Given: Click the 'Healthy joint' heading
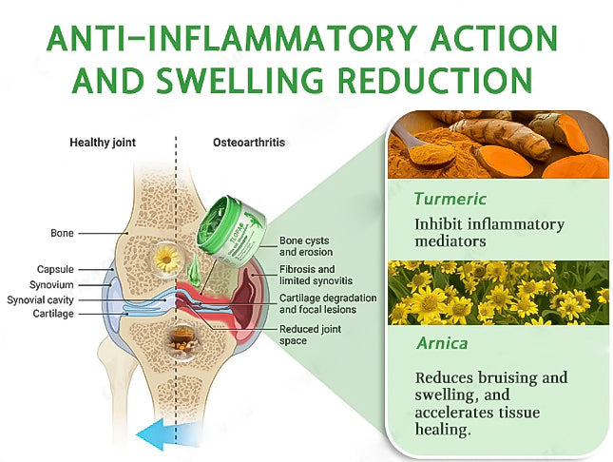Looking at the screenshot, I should (103, 143).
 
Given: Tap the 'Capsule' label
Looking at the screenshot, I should (55, 270).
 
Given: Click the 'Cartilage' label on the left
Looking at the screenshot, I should (53, 313).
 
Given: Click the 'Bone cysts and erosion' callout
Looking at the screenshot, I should (305, 247).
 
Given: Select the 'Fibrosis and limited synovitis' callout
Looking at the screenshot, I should (314, 275).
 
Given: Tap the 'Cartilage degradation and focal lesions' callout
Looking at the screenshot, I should (328, 303).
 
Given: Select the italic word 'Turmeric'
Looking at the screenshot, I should (450, 200).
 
